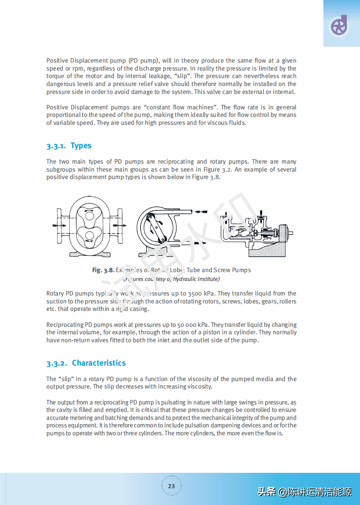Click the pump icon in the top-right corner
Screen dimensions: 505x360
[339, 26]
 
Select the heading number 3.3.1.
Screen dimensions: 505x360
[56, 146]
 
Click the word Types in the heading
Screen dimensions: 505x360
[81, 146]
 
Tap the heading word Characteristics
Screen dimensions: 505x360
[99, 363]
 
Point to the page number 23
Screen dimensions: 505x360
[171, 486]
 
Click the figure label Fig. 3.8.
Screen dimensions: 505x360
[103, 270]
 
